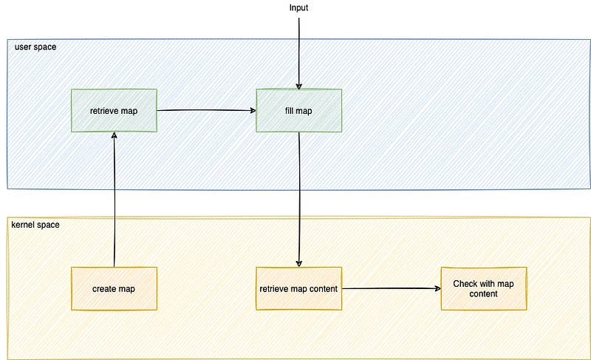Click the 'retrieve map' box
pyautogui.click(x=114, y=110)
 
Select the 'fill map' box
pyautogui.click(x=299, y=110)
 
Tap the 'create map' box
pyautogui.click(x=114, y=289)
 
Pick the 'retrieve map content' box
pyautogui.click(x=299, y=289)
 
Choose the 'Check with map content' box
pyautogui.click(x=484, y=289)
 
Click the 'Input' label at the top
pyautogui.click(x=299, y=7)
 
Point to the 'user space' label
pyautogui.click(x=35, y=47)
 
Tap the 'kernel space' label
pyautogui.click(x=35, y=225)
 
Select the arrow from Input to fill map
pyautogui.click(x=299, y=53)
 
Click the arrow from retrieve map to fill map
pyautogui.click(x=207, y=110)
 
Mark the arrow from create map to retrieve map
pyautogui.click(x=115, y=200)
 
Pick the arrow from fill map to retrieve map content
pyautogui.click(x=299, y=200)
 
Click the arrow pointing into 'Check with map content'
pyautogui.click(x=392, y=288)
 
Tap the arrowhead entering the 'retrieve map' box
pyautogui.click(x=115, y=135)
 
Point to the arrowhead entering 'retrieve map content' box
pyautogui.click(x=299, y=264)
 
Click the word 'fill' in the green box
pyautogui.click(x=290, y=110)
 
